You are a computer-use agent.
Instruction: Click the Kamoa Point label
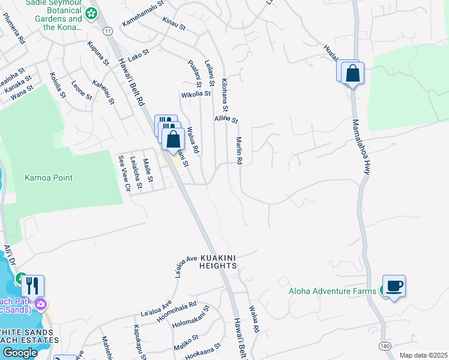pos(49,178)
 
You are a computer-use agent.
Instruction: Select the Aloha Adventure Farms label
pos(336,291)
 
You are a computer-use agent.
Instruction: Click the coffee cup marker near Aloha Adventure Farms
pos(394,286)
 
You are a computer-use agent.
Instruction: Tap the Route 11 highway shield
pos(107,31)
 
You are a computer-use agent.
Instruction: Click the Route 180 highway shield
pos(385,347)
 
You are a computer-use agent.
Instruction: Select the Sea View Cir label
pos(124,173)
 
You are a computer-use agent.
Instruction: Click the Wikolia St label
pos(196,94)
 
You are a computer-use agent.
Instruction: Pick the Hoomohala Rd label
pos(177,304)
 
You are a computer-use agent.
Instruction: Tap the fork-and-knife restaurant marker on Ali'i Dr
pos(32,286)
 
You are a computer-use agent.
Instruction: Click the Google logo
pos(19,352)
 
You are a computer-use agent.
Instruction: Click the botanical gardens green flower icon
pos(91,13)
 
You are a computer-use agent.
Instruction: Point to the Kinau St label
pos(173,21)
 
